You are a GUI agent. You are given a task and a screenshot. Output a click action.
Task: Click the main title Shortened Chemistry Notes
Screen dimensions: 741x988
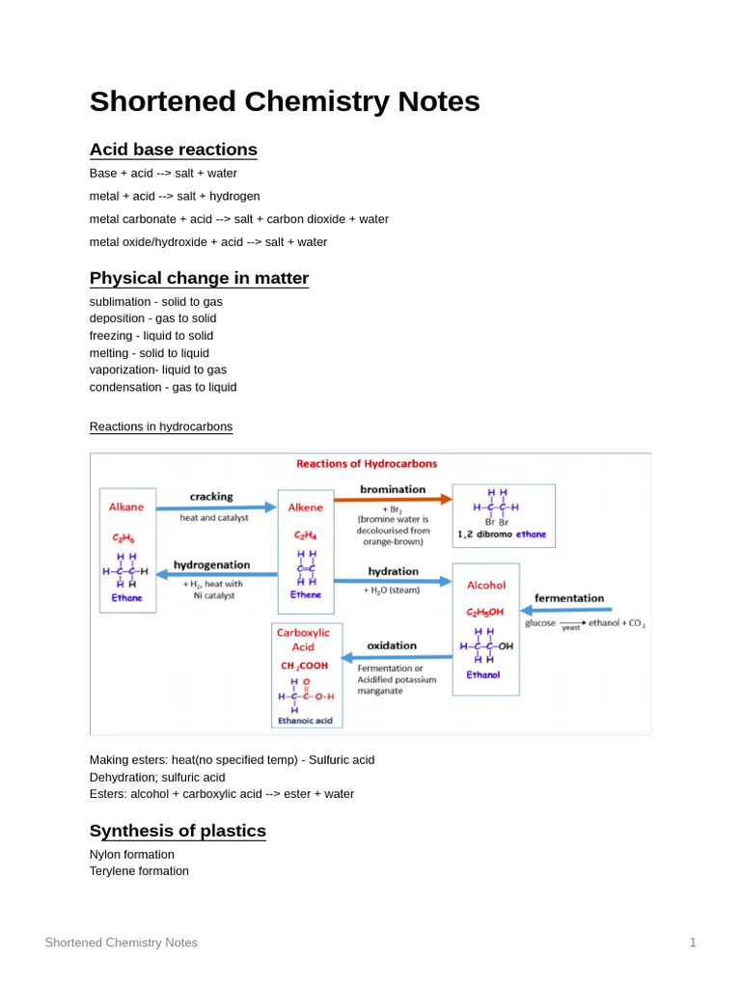(x=284, y=101)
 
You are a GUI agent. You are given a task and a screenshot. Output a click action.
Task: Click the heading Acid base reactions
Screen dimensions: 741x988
(x=173, y=150)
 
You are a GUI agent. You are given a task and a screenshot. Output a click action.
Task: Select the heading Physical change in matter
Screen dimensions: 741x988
(x=199, y=278)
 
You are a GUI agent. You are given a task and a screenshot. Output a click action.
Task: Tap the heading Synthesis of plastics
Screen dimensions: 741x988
(x=178, y=831)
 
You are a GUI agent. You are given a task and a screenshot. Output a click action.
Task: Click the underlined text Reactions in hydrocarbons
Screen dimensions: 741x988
(x=160, y=426)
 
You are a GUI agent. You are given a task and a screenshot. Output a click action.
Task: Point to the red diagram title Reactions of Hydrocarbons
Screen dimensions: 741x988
(x=366, y=464)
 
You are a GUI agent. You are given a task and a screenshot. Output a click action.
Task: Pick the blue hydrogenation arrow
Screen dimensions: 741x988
(x=216, y=574)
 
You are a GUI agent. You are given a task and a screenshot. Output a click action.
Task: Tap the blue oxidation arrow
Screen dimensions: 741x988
(x=397, y=657)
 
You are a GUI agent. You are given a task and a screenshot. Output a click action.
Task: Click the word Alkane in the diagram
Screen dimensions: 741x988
(x=126, y=507)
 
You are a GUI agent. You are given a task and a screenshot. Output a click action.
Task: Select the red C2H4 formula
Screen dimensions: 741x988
(x=306, y=535)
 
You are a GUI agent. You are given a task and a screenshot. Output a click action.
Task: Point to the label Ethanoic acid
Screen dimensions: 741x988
(x=305, y=720)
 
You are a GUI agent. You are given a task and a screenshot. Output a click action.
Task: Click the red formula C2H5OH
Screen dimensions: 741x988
(x=484, y=612)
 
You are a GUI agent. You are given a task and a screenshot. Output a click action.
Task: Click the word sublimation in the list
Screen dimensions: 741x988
(x=121, y=302)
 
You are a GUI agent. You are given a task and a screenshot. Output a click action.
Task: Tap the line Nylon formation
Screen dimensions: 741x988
(x=132, y=854)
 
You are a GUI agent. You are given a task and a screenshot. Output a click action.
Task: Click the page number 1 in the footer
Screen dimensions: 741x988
(x=692, y=943)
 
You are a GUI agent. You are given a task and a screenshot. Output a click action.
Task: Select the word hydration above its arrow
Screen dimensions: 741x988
(x=393, y=571)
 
